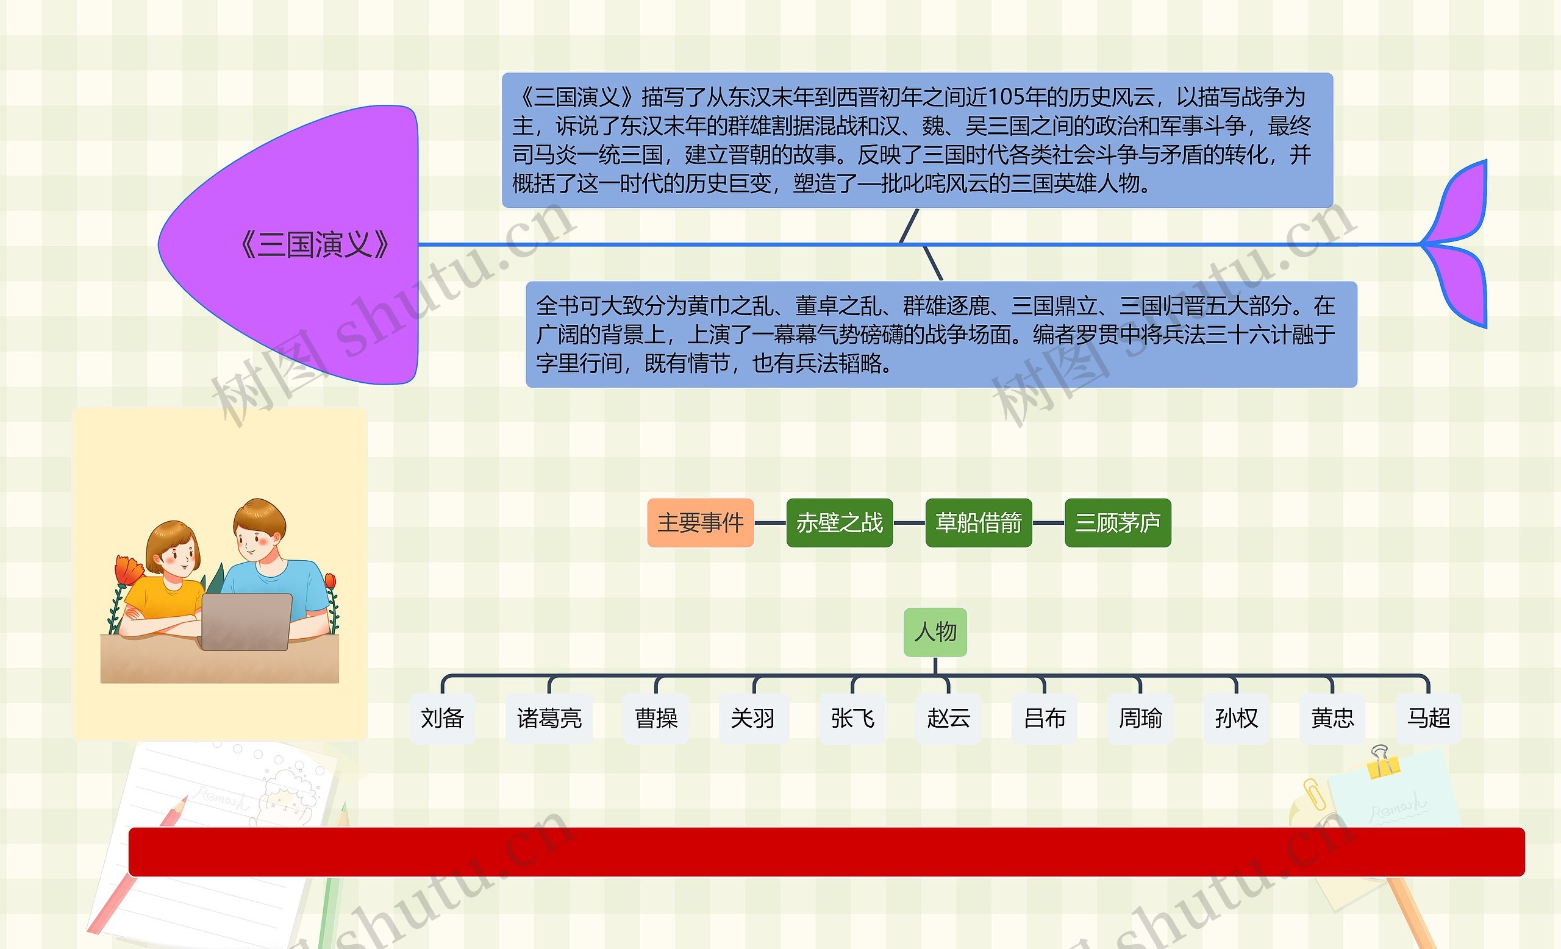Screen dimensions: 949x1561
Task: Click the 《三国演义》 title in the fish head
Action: tap(315, 244)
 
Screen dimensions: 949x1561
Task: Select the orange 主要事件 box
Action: tap(700, 523)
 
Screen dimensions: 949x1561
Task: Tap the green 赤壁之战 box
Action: tap(840, 523)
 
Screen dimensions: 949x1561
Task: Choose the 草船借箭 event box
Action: tap(978, 523)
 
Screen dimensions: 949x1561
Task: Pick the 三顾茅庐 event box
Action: tap(1118, 523)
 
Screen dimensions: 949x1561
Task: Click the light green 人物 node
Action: tap(935, 632)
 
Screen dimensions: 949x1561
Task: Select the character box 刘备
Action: tap(442, 719)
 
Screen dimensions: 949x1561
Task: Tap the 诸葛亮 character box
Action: tap(549, 719)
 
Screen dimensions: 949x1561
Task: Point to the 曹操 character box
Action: tap(656, 719)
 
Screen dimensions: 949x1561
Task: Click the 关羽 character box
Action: tap(752, 719)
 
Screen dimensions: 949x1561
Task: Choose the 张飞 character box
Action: tap(852, 719)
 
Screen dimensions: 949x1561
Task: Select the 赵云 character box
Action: tap(948, 719)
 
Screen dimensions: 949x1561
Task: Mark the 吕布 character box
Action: tap(1045, 719)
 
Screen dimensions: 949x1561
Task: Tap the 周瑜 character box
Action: tap(1140, 719)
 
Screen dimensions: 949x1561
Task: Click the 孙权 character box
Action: tap(1236, 719)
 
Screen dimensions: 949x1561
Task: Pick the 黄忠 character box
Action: tap(1332, 719)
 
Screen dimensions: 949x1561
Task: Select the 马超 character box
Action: tap(1429, 719)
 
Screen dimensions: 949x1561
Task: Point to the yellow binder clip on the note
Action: tap(1382, 764)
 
